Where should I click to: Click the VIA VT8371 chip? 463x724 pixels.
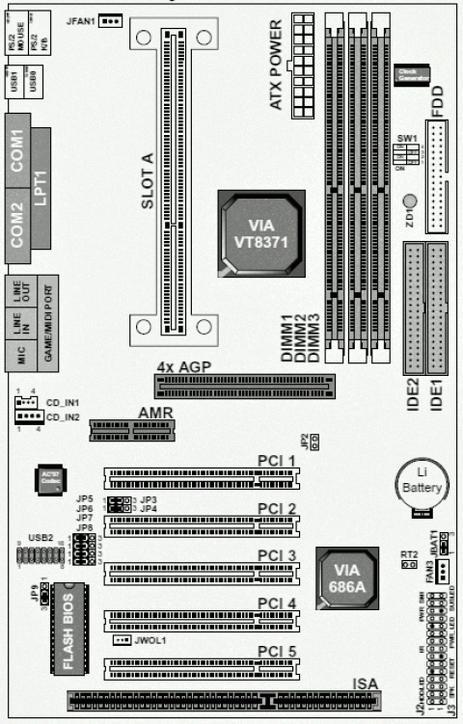tap(261, 232)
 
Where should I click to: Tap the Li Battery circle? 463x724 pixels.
tap(420, 482)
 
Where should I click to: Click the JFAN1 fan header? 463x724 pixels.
tap(111, 19)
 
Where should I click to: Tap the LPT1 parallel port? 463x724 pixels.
tap(41, 188)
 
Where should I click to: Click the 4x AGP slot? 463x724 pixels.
tap(245, 388)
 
